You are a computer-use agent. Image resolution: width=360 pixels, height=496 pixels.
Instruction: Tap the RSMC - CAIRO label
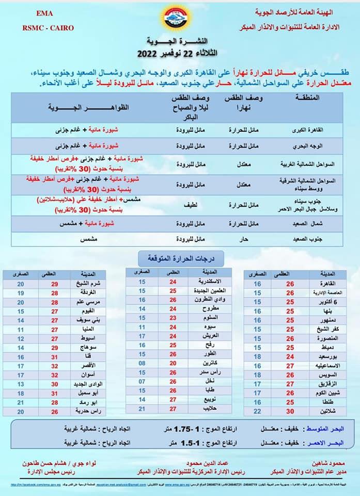(x=48, y=27)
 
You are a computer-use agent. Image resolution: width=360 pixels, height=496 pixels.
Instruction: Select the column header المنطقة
(x=309, y=98)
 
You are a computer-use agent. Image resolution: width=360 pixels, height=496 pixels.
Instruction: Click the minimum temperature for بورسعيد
(x=258, y=357)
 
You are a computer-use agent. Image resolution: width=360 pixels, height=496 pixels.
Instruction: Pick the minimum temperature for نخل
(x=142, y=381)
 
